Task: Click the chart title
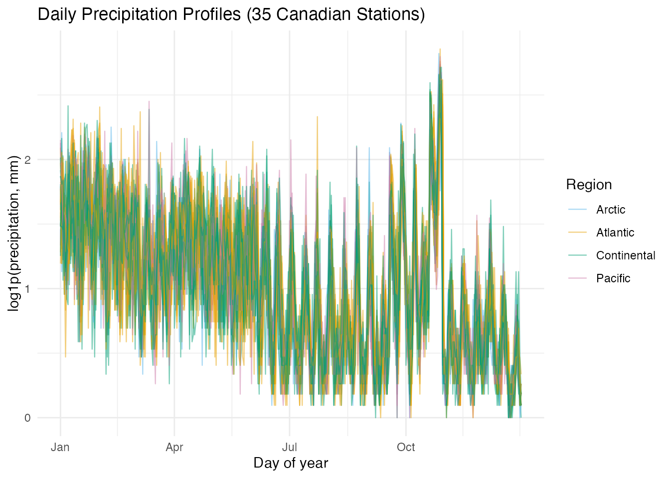[231, 14]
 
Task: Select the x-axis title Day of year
[291, 463]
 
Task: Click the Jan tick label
[60, 447]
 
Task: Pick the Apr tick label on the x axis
[174, 447]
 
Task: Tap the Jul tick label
[289, 447]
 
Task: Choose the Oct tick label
[406, 447]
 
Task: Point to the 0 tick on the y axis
[27, 418]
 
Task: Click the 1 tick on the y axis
[27, 289]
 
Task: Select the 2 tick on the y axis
[27, 160]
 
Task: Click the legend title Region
[589, 185]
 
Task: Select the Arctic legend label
[610, 210]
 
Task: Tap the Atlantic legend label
[615, 233]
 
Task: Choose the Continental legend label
[625, 255]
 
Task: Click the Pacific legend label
[613, 278]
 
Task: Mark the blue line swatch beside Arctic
[578, 210]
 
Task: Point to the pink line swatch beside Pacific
[578, 278]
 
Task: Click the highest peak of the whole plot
[440, 49]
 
